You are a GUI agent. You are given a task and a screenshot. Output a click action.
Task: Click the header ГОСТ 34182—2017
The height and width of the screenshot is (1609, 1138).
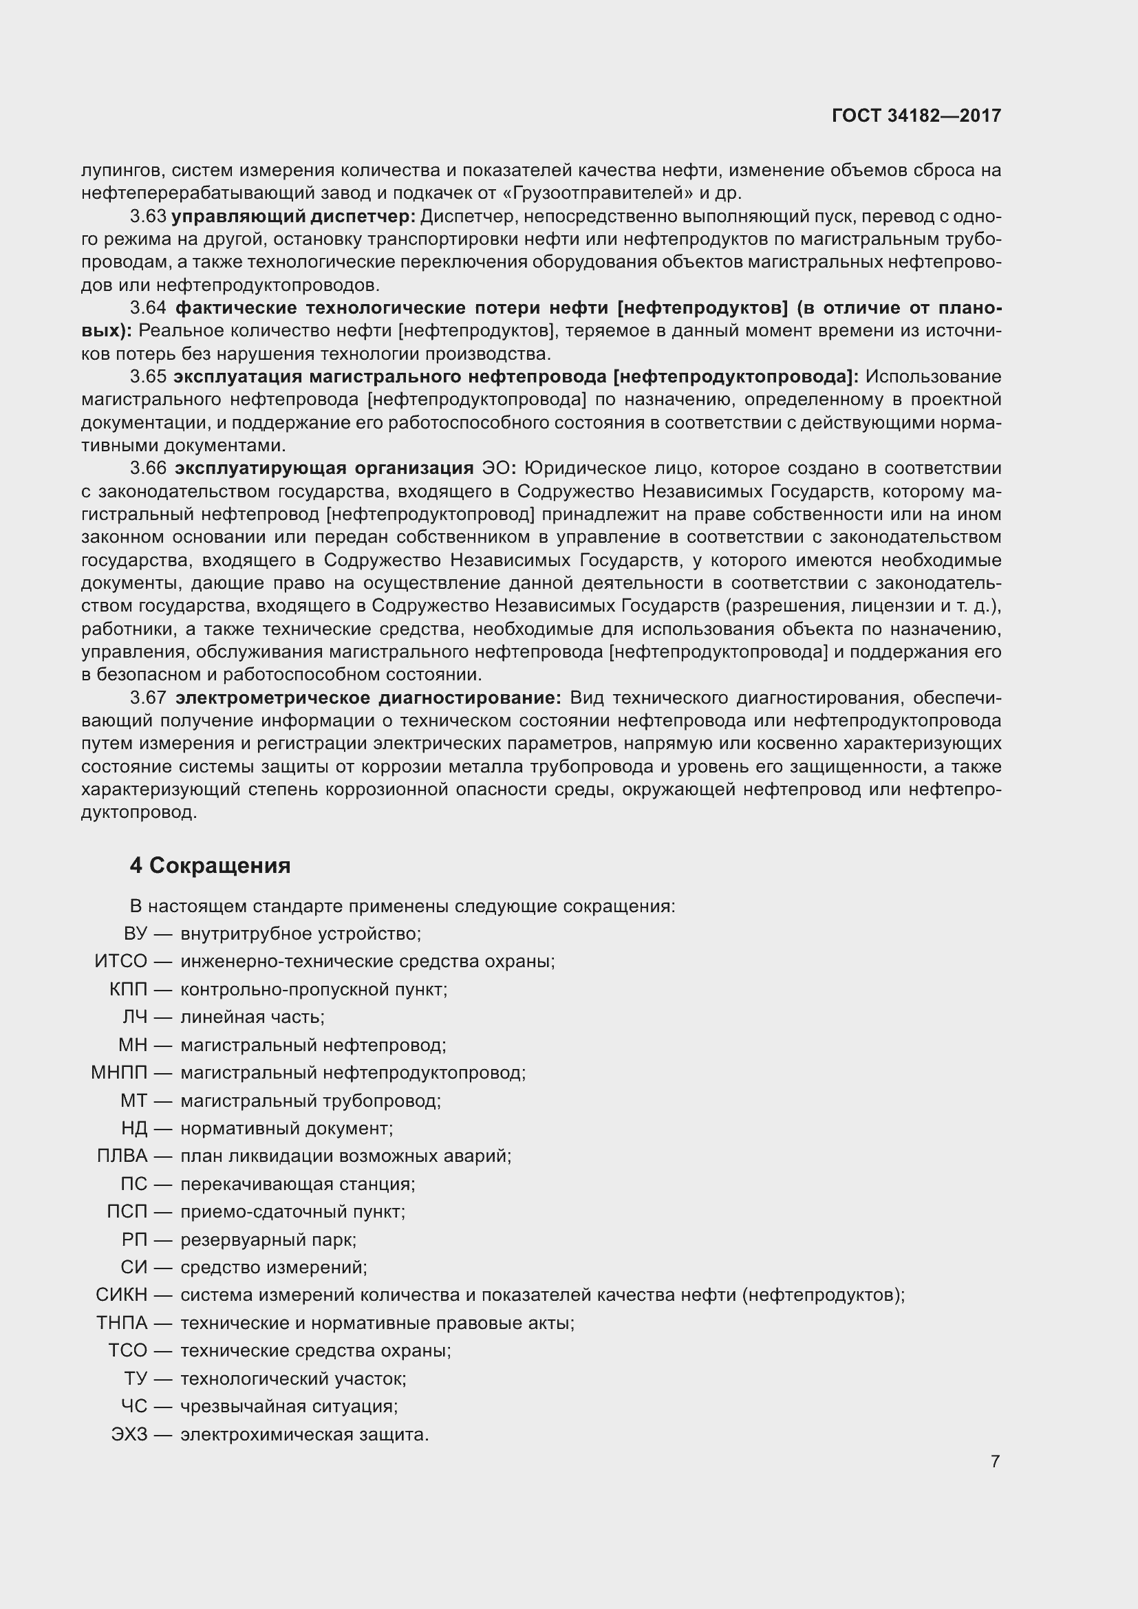[916, 116]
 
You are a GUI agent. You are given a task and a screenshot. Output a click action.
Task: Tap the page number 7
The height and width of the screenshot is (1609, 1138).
[995, 1461]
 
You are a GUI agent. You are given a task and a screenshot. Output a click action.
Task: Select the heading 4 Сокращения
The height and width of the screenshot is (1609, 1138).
[211, 865]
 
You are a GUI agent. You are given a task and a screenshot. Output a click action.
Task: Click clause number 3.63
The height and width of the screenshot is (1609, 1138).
[148, 217]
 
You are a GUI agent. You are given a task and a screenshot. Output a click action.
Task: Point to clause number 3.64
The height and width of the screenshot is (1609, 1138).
[149, 307]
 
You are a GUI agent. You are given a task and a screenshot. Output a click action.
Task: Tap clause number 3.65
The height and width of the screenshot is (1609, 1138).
[148, 377]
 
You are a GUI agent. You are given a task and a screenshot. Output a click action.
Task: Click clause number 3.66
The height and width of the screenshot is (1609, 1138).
[149, 468]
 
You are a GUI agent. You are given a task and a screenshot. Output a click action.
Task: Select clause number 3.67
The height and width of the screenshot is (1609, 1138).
[149, 698]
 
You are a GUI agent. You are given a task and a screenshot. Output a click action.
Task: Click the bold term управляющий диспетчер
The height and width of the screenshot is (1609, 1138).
[294, 217]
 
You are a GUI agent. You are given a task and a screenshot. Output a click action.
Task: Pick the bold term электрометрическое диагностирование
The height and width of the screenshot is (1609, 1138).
[368, 698]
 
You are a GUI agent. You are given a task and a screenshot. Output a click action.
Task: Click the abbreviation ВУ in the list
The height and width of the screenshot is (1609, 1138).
[136, 933]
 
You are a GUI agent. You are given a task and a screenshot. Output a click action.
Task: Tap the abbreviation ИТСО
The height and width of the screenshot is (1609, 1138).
[120, 962]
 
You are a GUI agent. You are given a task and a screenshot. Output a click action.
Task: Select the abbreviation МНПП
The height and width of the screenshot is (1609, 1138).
[119, 1073]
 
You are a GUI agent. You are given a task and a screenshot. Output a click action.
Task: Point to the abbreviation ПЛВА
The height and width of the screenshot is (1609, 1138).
[122, 1156]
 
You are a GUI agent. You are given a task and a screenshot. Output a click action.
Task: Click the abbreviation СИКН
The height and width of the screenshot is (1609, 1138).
[121, 1295]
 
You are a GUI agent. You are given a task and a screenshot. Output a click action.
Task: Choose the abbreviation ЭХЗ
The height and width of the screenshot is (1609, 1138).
[129, 1434]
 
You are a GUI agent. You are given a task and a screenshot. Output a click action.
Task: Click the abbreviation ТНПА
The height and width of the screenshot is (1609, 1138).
[122, 1323]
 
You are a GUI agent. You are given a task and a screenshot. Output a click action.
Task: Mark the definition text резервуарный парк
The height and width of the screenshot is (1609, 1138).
[268, 1240]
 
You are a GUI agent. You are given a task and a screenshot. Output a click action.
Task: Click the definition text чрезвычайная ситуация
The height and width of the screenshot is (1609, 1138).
[289, 1407]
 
